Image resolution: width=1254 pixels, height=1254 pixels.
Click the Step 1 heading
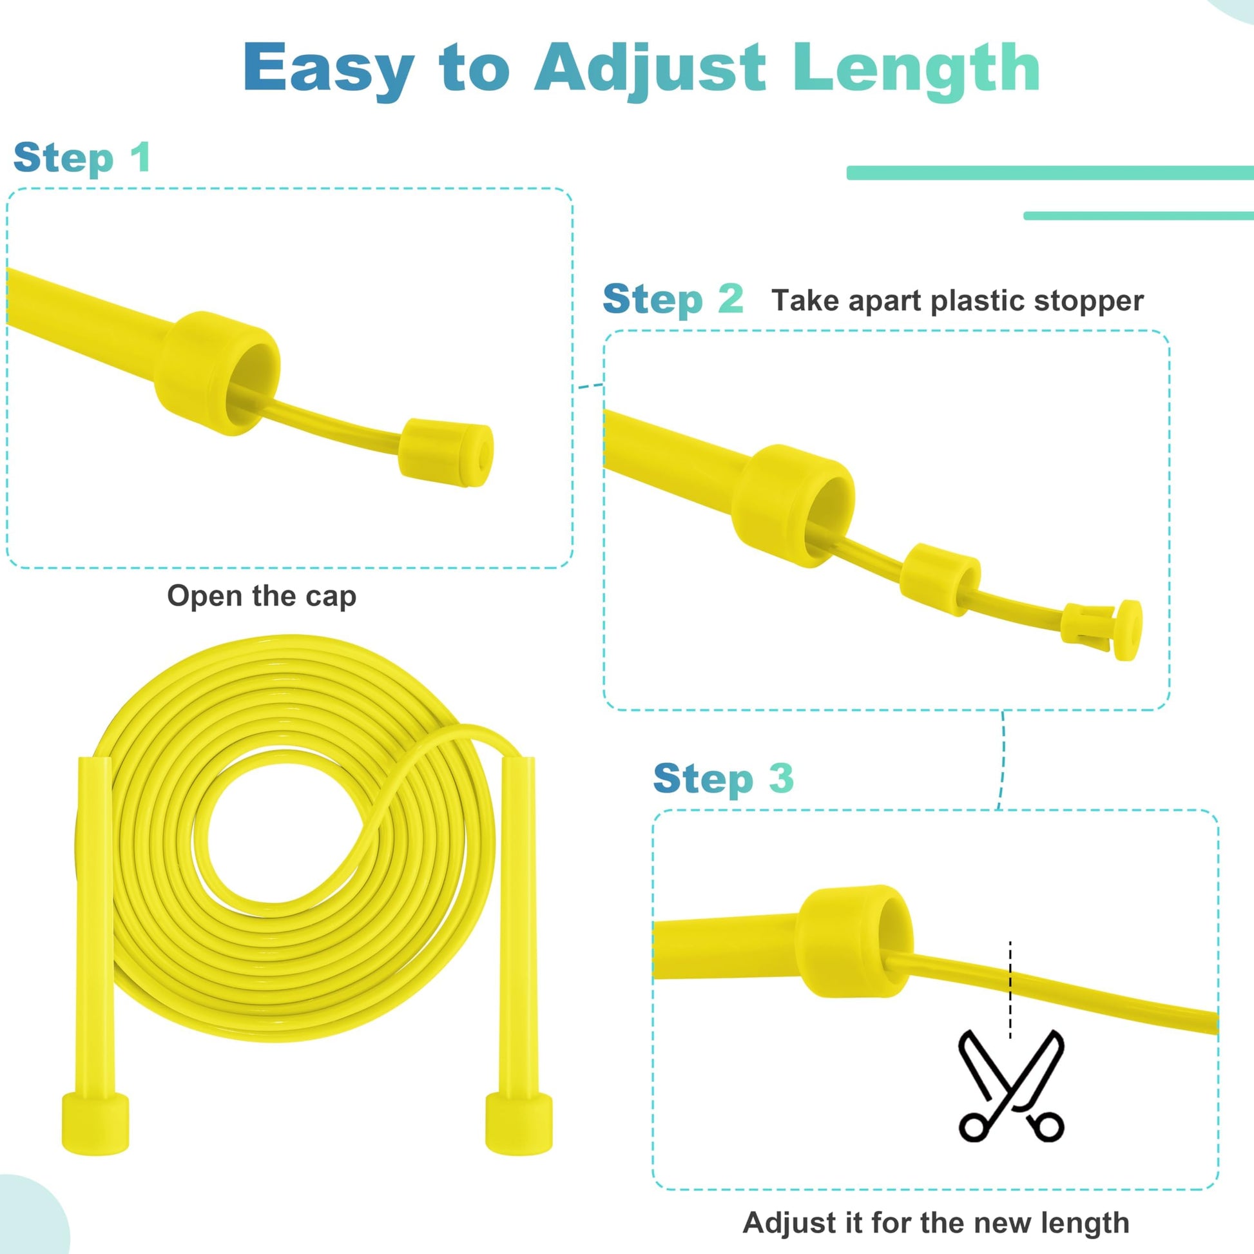click(x=82, y=159)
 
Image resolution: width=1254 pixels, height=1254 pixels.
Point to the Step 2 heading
click(x=673, y=300)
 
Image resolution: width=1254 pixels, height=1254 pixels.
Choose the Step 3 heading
click(x=723, y=779)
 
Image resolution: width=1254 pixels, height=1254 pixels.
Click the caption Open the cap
click(x=262, y=596)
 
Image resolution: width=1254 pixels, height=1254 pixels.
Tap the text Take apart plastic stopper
click(x=958, y=300)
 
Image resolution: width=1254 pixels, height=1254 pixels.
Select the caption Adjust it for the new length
click(x=936, y=1223)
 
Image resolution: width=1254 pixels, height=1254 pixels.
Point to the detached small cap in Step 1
click(x=446, y=452)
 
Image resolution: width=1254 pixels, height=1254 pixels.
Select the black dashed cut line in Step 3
click(x=1010, y=990)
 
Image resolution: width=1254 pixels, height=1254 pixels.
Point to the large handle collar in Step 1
click(x=217, y=373)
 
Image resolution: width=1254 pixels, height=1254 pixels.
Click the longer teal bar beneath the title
click(x=1050, y=173)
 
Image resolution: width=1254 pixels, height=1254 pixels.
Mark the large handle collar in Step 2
click(x=793, y=506)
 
